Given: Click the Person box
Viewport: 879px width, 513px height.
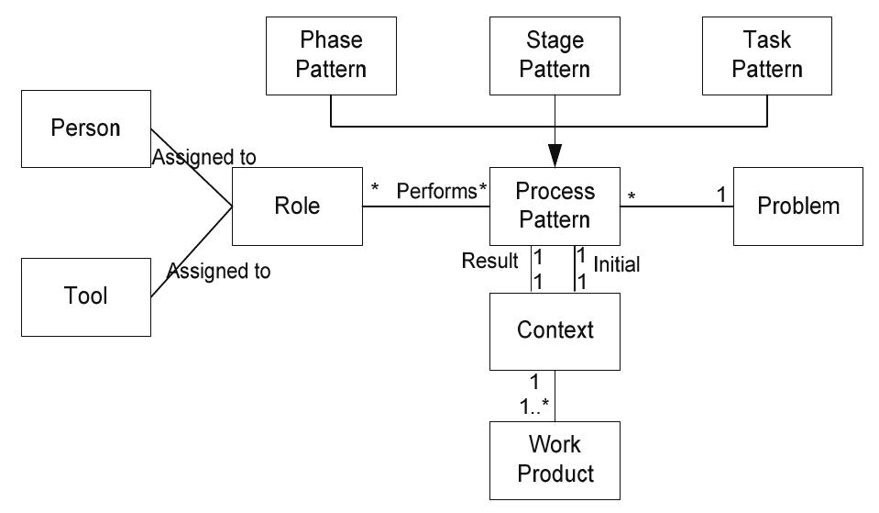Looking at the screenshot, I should pyautogui.click(x=85, y=128).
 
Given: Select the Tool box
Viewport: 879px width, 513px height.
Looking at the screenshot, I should pyautogui.click(x=85, y=296).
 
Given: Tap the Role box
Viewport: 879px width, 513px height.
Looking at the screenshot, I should pyautogui.click(x=297, y=206).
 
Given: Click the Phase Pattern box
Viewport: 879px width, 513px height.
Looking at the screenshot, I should pyautogui.click(x=331, y=55).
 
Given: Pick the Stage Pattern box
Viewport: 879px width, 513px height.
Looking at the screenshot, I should pyautogui.click(x=555, y=55).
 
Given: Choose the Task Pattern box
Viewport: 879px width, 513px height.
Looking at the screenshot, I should pyautogui.click(x=767, y=55).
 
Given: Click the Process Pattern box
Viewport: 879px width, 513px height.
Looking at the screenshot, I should pyautogui.click(x=555, y=206).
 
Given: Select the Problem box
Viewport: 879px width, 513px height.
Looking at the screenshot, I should pyautogui.click(x=797, y=206).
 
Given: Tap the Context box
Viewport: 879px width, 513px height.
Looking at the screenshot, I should pyautogui.click(x=555, y=330).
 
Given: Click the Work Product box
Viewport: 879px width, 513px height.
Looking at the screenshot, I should pyautogui.click(x=555, y=460).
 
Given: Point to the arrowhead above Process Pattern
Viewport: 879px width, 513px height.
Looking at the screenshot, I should pyautogui.click(x=555, y=156).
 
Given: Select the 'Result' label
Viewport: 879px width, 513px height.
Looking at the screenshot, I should pyautogui.click(x=489, y=262).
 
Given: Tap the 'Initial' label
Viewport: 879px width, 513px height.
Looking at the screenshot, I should pyautogui.click(x=617, y=264).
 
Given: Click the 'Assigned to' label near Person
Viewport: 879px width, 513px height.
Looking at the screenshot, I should pyautogui.click(x=203, y=158).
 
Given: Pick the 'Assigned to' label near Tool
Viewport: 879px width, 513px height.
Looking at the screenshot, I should pyautogui.click(x=218, y=272).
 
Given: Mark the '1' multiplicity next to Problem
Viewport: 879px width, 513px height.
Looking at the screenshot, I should pyautogui.click(x=720, y=195).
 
